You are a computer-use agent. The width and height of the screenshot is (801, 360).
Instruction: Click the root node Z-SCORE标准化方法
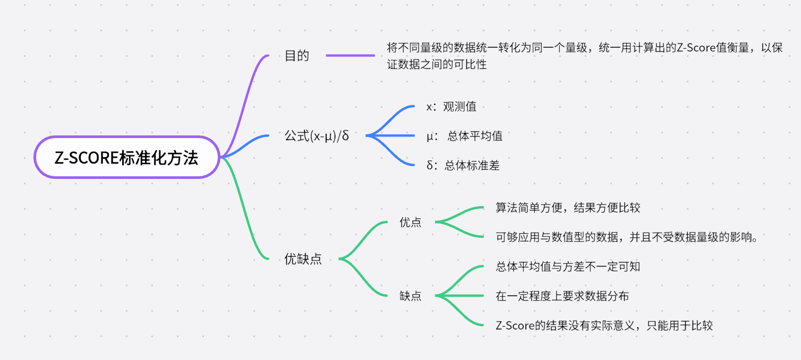coord(126,158)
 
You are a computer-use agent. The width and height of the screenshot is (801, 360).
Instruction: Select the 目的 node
coord(297,56)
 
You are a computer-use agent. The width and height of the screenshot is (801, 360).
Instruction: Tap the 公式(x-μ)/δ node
coord(317,136)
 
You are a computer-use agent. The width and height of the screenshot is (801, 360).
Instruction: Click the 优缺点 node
coord(303,259)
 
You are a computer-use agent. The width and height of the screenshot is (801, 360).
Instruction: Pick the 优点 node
coord(410,222)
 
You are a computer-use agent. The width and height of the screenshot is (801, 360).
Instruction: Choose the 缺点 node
coord(410,296)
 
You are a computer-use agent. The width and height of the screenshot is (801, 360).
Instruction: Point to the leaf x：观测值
coord(451,107)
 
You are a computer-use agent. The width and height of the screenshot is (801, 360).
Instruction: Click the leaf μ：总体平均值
coord(464,136)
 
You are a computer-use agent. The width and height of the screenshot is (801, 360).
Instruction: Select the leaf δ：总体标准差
coord(463,166)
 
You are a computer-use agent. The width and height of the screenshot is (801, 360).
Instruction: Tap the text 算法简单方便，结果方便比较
coord(568,208)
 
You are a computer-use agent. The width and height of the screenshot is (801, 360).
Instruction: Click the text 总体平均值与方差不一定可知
coord(568,267)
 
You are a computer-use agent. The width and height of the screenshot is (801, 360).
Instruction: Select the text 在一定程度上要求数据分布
coord(562,296)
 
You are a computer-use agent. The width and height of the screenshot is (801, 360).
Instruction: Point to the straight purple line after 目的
coord(351,55)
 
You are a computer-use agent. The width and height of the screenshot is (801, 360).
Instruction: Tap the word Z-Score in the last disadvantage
coord(514,325)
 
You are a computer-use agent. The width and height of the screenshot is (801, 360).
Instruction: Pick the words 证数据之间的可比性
coord(437,65)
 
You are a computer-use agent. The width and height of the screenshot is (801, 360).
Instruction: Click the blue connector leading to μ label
coord(393,136)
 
